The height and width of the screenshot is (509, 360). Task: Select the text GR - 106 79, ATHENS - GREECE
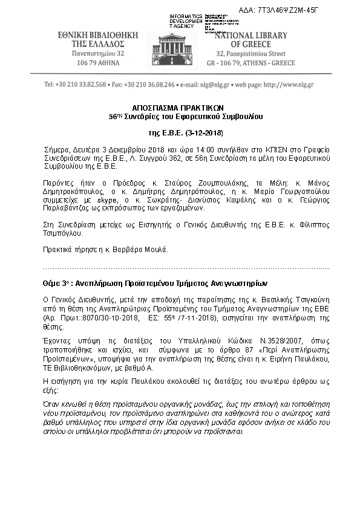[251, 63]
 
